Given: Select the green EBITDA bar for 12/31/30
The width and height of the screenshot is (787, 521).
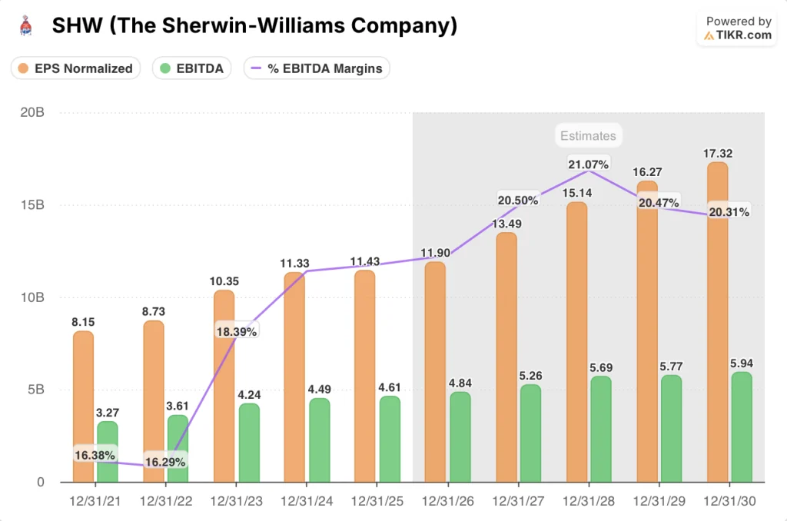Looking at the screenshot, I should (742, 427).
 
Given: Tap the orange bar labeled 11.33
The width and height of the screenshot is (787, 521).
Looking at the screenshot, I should (294, 377).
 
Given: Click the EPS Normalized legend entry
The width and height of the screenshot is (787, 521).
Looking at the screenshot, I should (76, 68).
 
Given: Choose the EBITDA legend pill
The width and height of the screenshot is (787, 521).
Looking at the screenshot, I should (191, 68).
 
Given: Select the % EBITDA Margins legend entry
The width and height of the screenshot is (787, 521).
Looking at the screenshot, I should (317, 68).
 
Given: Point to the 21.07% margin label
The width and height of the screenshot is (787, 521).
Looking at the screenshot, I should (589, 164).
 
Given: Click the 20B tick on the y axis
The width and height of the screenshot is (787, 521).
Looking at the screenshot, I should (32, 113).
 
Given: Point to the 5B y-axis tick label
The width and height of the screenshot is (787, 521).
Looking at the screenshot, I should (35, 390).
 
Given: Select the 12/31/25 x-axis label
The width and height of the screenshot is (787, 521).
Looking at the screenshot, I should (375, 500).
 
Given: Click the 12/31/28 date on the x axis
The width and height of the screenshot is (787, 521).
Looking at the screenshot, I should (587, 500).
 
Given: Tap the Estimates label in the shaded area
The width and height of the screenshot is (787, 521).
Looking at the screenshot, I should (588, 136).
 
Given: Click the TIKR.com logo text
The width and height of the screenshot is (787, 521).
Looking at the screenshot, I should (739, 35).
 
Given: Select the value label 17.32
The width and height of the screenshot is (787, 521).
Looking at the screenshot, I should (717, 154).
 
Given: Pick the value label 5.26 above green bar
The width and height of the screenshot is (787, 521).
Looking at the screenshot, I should (530, 376).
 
